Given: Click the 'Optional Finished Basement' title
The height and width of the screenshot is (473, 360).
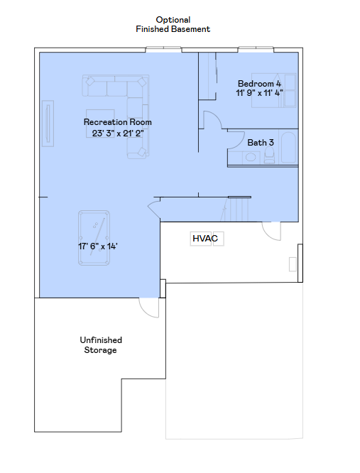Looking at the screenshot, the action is (x=173, y=24).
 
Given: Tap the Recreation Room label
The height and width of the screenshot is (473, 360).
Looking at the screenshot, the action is (x=118, y=122).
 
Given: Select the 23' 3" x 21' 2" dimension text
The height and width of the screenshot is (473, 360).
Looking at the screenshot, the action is (x=118, y=133).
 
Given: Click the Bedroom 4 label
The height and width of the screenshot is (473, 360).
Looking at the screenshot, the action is (x=259, y=84).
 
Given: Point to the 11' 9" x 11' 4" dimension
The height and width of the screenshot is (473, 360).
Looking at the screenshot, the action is (x=259, y=92).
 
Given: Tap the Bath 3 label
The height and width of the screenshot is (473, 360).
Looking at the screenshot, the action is (x=261, y=142).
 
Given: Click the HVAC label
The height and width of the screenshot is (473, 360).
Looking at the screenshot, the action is (x=205, y=239).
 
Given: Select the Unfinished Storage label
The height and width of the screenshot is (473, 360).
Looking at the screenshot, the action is (x=101, y=344).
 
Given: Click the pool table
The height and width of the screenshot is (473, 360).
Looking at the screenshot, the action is (x=94, y=238).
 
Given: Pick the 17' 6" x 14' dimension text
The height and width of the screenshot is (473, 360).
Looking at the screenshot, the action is (x=98, y=246).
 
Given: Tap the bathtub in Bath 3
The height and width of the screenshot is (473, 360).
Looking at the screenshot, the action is (x=288, y=148).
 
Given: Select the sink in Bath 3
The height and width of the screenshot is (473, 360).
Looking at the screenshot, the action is (x=251, y=157).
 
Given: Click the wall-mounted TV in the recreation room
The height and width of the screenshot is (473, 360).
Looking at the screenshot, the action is (x=48, y=124).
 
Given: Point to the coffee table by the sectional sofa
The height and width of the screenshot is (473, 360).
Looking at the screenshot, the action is (x=100, y=124).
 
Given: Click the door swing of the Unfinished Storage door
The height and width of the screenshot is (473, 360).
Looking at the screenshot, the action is (x=148, y=308).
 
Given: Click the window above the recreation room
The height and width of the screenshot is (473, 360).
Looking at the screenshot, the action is (x=163, y=50).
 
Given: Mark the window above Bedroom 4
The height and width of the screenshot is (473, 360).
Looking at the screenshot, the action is (x=256, y=50).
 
